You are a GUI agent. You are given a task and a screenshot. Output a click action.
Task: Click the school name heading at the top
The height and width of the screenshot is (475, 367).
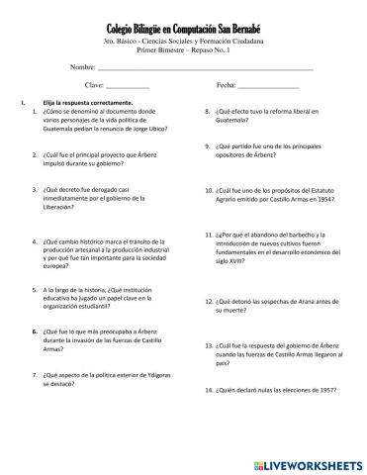click(x=183, y=33)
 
